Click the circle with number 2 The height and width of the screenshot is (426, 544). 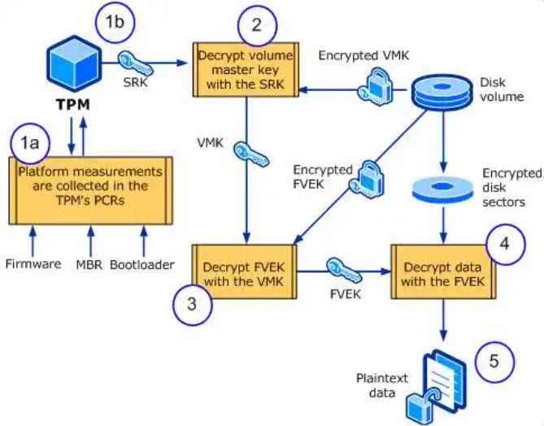pos(257,24)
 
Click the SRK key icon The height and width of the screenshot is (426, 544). pos(137,63)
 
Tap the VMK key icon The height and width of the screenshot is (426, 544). pos(248,154)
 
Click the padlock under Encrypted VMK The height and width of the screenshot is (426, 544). pos(379,84)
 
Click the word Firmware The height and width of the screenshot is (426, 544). pos(33,264)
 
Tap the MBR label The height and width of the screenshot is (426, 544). pos(90,264)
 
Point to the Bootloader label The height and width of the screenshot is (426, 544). pos(143,264)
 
